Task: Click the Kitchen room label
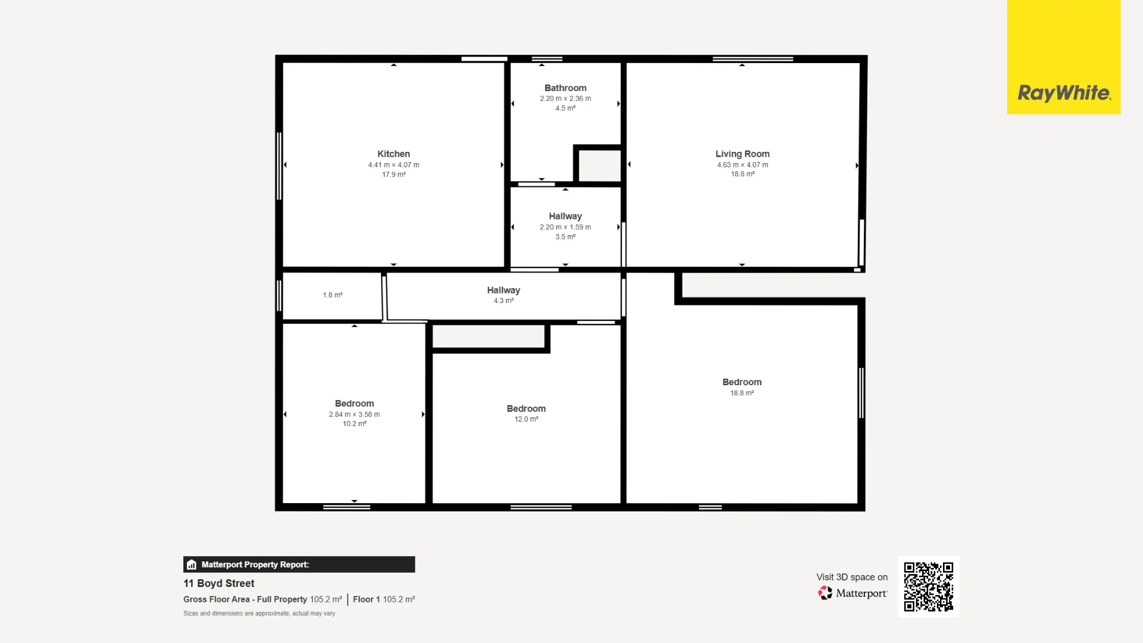[394, 154]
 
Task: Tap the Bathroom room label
[566, 88]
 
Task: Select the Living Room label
[742, 154]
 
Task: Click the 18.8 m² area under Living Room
[742, 174]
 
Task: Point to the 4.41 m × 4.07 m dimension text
[394, 165]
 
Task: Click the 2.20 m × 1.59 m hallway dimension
[566, 227]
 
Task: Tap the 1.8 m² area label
[333, 295]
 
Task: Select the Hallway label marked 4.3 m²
[504, 290]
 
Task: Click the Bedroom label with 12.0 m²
[526, 408]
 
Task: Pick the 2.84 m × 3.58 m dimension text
[354, 414]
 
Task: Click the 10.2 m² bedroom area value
[354, 424]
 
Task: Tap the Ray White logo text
[1064, 93]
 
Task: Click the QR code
[929, 586]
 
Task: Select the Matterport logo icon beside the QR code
[825, 593]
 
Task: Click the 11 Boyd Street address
[218, 583]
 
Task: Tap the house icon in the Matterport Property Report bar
[191, 564]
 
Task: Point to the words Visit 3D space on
[852, 577]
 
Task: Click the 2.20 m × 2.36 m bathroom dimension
[566, 98]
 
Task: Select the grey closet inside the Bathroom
[599, 166]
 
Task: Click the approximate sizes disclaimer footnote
[259, 613]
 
